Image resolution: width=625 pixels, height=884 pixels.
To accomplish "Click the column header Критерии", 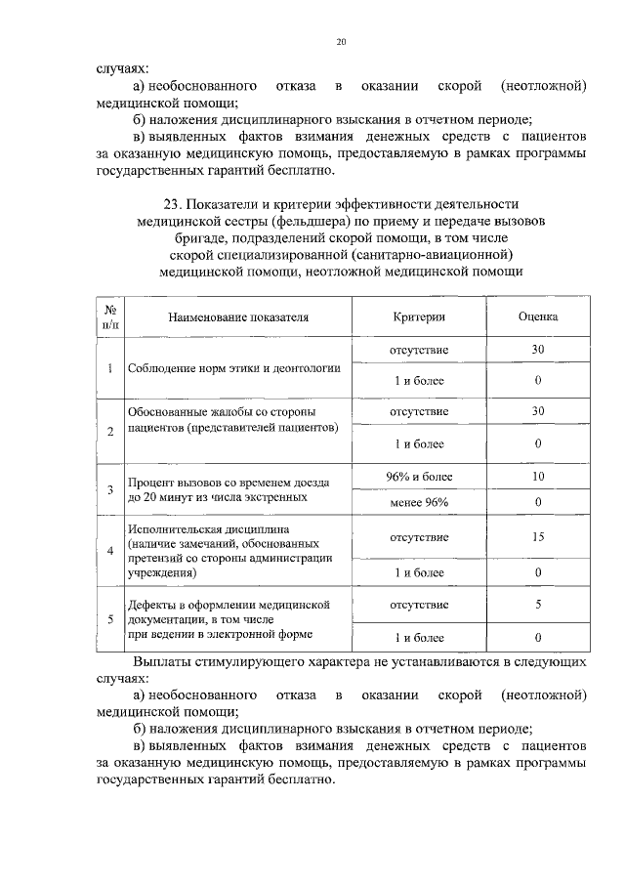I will (x=419, y=317).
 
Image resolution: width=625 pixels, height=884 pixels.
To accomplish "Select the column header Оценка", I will (x=537, y=317).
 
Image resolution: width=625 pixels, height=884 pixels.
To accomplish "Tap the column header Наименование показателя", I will (x=237, y=318).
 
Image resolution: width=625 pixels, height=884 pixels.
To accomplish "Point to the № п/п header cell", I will (x=110, y=316).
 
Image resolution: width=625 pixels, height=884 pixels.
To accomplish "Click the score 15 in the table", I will (x=537, y=537).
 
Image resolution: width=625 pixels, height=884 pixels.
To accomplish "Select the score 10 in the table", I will (x=537, y=477).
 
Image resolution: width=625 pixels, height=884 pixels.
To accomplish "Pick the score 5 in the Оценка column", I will (x=537, y=605).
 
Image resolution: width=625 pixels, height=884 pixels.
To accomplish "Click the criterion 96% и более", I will (x=419, y=477).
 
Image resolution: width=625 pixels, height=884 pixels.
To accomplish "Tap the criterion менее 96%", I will (x=419, y=502).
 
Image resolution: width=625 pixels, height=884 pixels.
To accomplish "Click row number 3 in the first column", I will (x=110, y=489).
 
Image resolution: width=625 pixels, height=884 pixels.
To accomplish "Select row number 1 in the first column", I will (x=110, y=368).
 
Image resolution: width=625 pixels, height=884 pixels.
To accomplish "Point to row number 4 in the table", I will (x=110, y=552).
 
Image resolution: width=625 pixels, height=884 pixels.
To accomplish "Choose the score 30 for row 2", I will (x=537, y=411).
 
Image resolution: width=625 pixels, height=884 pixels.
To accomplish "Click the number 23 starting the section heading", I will (x=173, y=203).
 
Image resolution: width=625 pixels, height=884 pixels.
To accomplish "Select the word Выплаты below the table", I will (x=162, y=661).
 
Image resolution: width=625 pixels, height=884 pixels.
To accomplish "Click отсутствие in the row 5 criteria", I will (x=419, y=605).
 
